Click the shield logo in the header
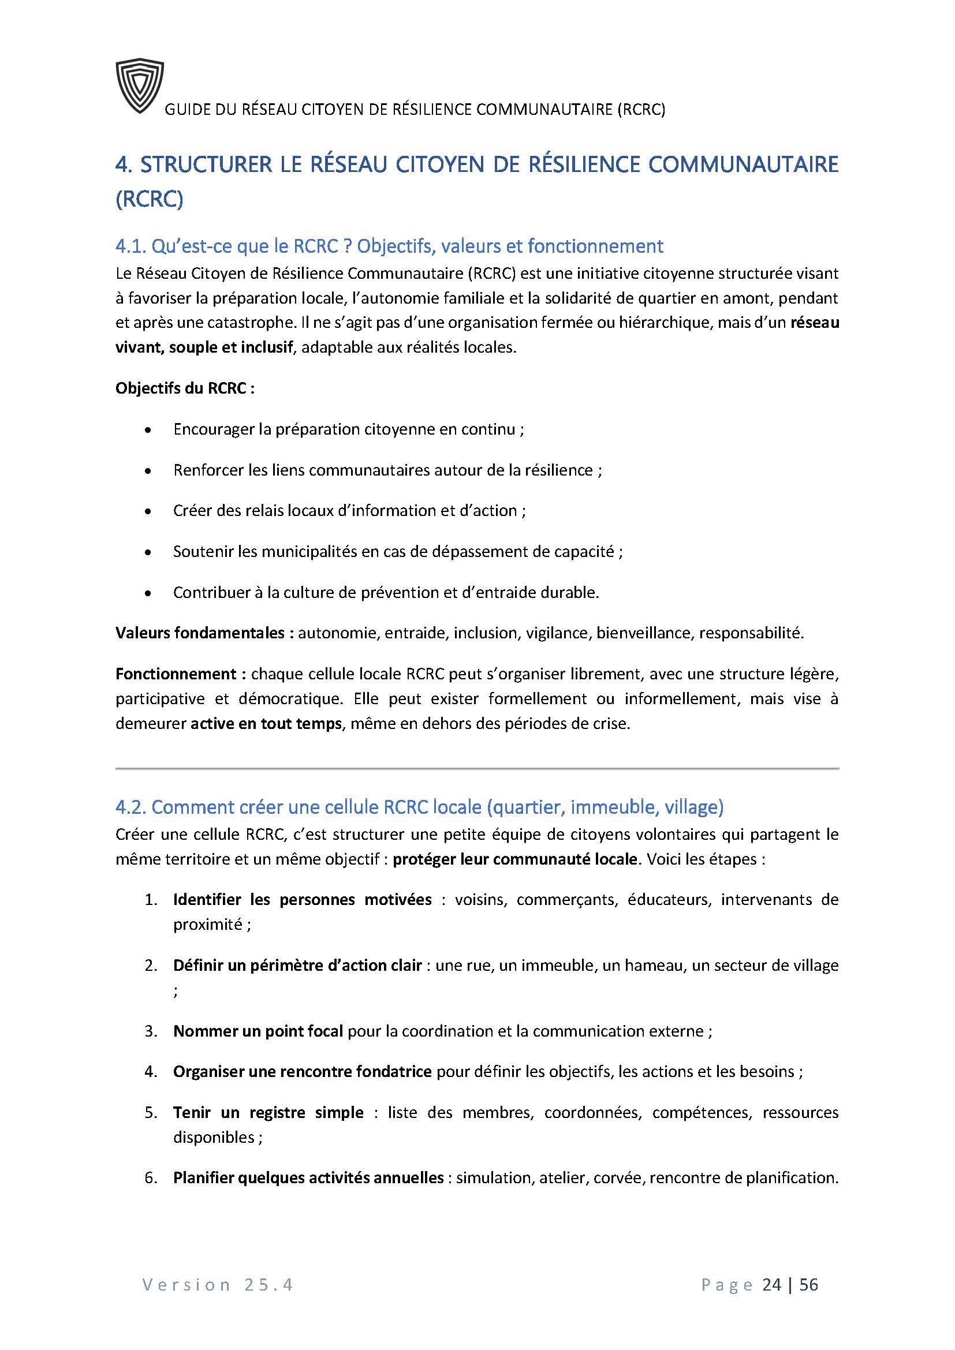tap(140, 86)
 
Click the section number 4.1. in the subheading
tap(130, 246)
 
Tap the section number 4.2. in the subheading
tap(130, 807)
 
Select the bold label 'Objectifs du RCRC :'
tap(185, 388)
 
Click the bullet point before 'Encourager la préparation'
tap(148, 431)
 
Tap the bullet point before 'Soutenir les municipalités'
tap(148, 553)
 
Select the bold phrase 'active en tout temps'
tap(266, 723)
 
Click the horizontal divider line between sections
tap(477, 768)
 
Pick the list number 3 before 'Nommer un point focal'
tap(151, 1031)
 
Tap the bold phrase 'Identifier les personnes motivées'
tap(302, 900)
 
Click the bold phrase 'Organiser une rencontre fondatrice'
tap(302, 1072)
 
